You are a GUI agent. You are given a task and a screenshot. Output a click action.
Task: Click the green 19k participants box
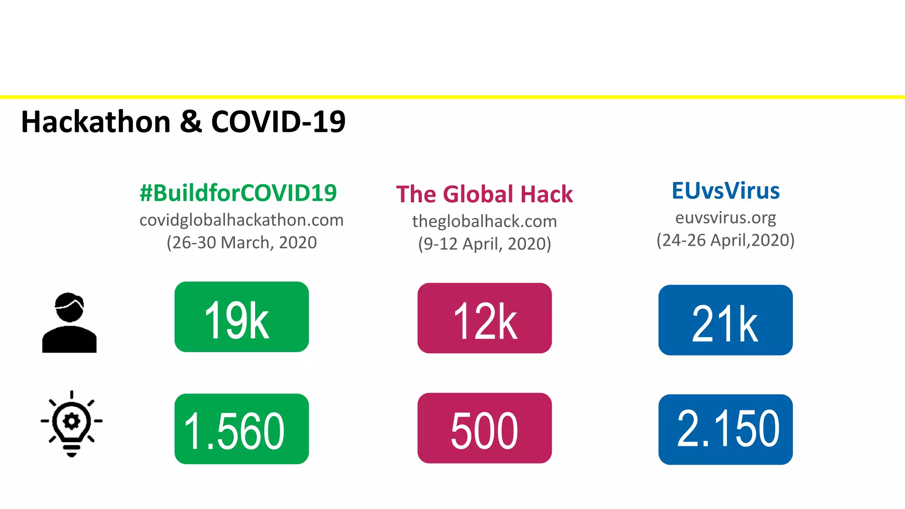(241, 317)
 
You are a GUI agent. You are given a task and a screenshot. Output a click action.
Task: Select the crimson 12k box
(484, 318)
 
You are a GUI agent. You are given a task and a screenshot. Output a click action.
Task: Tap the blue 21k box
(725, 320)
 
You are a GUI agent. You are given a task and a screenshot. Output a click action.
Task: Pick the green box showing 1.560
(241, 429)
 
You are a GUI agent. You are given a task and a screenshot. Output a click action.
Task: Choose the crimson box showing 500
(484, 428)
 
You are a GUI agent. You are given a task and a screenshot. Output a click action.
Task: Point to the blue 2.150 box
(725, 429)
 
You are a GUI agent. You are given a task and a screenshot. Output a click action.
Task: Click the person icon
(69, 323)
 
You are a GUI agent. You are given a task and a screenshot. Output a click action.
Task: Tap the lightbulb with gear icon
(72, 423)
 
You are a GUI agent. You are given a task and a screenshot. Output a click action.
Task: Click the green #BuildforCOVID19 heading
(238, 193)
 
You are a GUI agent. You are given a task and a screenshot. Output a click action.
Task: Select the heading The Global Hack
(484, 194)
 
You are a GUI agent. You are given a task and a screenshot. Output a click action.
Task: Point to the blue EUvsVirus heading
(726, 191)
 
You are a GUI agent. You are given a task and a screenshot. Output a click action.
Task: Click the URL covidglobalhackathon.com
(241, 220)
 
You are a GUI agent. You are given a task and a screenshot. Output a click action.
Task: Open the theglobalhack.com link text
(484, 221)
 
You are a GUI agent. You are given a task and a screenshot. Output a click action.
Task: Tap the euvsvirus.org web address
(726, 218)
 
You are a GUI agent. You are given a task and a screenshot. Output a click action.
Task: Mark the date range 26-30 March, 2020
(241, 243)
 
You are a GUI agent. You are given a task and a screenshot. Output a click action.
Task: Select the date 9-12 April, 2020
(484, 244)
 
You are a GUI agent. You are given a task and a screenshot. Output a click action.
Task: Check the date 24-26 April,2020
(726, 240)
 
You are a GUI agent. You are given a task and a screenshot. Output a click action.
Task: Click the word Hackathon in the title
(96, 122)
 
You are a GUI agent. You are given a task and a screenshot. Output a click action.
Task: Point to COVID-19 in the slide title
(278, 122)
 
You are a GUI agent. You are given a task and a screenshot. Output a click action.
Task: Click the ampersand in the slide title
(191, 122)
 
